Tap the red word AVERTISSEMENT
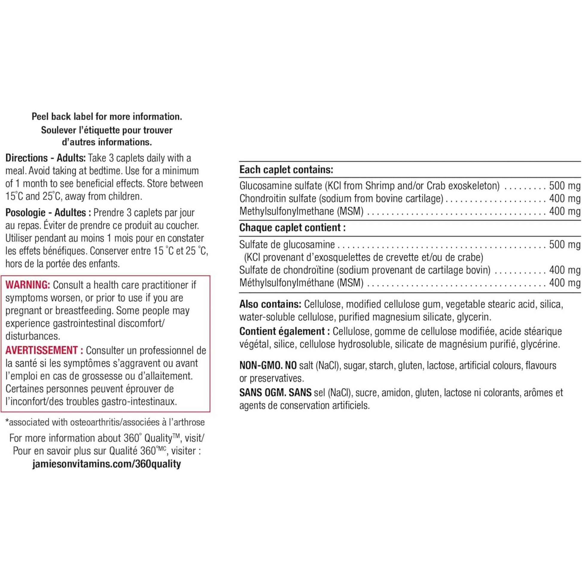coord(42,350)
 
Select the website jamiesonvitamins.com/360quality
coord(106,464)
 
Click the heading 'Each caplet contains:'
coord(286,170)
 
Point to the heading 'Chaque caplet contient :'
coord(292,227)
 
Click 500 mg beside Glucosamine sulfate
coord(565,185)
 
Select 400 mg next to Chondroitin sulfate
coord(565,199)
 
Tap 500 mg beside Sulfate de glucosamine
coord(565,244)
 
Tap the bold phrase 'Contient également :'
coord(282,331)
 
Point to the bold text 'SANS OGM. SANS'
coord(275,392)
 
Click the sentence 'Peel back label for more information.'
coord(107,117)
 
